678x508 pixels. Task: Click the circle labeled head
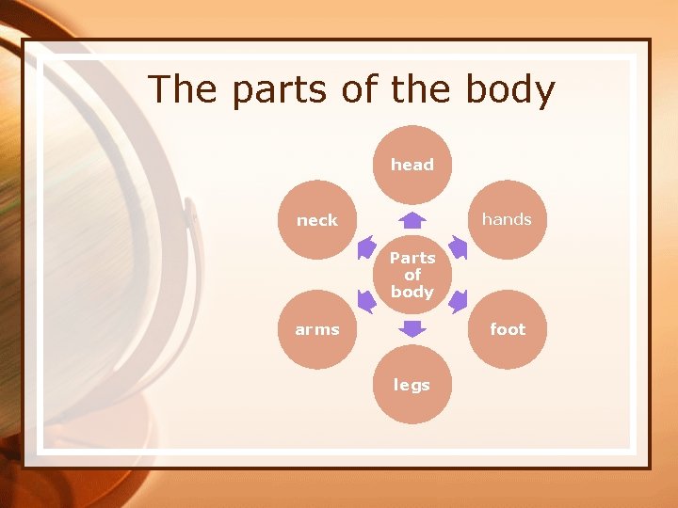pos(412,165)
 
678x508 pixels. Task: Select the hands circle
pos(507,219)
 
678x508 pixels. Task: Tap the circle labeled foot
pos(507,329)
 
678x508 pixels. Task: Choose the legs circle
pos(412,385)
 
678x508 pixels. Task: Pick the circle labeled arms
pos(317,329)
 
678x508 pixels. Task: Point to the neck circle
pos(317,220)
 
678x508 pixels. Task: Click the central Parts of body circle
pos(412,275)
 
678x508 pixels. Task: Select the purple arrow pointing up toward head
pos(412,221)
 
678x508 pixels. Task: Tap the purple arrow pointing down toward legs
pos(412,328)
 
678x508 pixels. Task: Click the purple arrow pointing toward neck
pos(366,247)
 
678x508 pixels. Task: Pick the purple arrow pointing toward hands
pos(459,247)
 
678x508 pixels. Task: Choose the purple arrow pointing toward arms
pos(366,302)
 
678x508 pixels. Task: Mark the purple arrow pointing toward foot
pos(459,302)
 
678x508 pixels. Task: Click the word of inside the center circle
pos(412,275)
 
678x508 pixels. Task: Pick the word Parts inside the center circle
pos(412,258)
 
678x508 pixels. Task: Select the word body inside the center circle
pos(412,292)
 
